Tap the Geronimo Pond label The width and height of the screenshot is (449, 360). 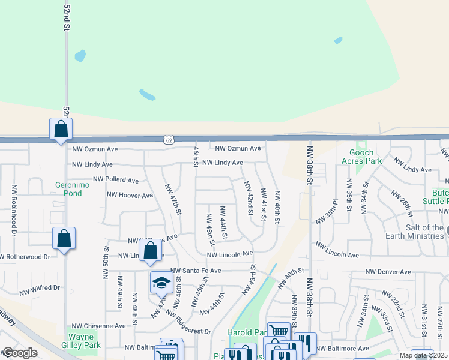point(68,189)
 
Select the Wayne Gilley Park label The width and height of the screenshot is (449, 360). point(80,341)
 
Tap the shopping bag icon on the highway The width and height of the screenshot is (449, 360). point(61,128)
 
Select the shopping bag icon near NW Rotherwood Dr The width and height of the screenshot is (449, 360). point(64,238)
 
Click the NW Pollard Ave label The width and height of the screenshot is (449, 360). point(116,180)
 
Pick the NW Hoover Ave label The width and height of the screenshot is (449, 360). point(130,195)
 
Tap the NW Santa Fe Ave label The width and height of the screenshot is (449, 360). point(196,271)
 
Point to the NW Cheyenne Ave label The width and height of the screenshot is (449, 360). point(99,326)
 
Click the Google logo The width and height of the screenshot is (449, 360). point(20,353)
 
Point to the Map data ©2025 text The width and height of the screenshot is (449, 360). point(423,355)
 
